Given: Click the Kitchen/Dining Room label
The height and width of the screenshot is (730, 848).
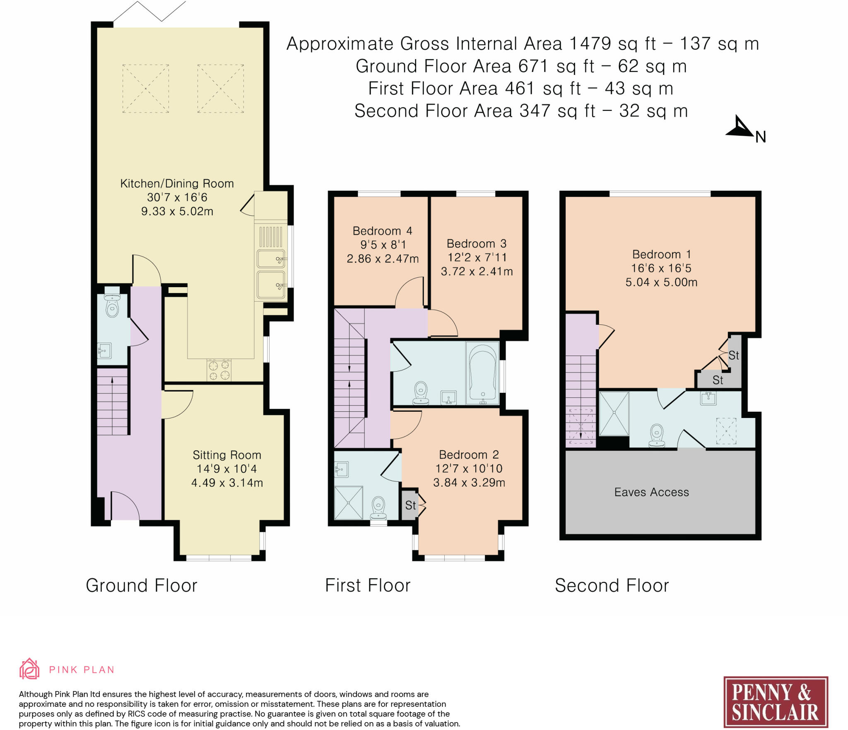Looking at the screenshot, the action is (177, 183).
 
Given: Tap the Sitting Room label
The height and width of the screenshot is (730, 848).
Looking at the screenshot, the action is (227, 455).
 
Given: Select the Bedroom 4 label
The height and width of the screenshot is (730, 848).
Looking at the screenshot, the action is (382, 231).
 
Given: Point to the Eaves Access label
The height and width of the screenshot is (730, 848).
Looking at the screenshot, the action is (652, 492).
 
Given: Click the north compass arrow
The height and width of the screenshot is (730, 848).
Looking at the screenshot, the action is (740, 127).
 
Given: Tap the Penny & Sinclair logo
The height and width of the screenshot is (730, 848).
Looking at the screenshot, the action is (776, 702).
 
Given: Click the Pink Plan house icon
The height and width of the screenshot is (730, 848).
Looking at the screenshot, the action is (29, 669).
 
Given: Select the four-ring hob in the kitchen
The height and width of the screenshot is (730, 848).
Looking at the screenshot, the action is (219, 370).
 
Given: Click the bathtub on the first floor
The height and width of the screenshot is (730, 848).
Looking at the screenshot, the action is (483, 373).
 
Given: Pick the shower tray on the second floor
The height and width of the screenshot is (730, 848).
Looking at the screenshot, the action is (614, 413).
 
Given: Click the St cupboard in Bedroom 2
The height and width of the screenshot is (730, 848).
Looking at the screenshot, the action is (410, 505).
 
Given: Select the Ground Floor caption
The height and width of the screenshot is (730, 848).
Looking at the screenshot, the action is (142, 586).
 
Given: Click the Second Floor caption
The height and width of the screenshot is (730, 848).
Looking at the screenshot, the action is (612, 586).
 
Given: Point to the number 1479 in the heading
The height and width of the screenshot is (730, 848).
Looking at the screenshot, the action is (590, 43).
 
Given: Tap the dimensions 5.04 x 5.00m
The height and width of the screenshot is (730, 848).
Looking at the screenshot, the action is (661, 282).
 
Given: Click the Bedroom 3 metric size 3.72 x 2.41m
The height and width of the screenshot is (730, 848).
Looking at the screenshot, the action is (477, 271).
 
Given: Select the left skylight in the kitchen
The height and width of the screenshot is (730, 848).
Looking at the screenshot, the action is (146, 89).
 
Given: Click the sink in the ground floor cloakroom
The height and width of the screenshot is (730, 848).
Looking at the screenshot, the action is (104, 351).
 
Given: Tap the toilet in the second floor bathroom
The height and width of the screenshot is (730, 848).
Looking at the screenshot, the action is (657, 435).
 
